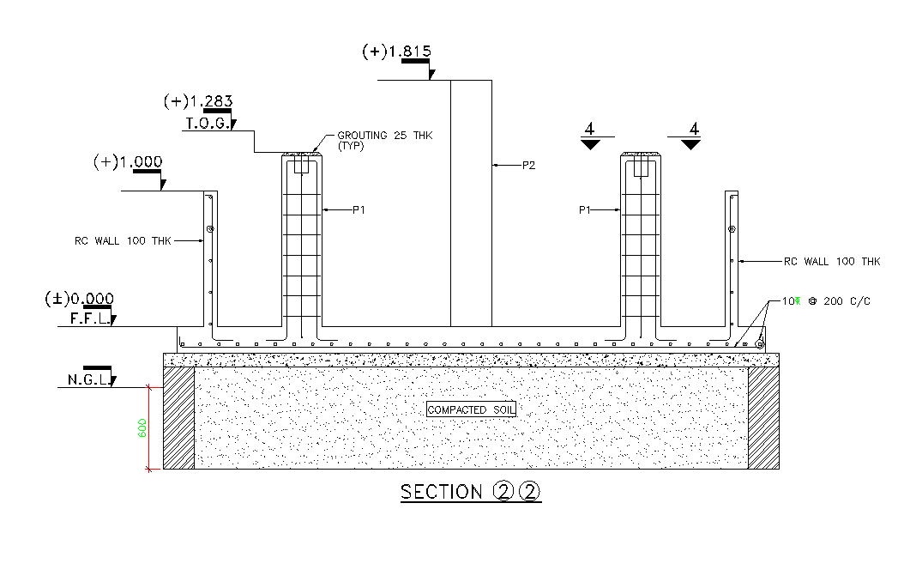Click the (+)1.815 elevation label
coord(395,52)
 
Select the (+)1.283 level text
coord(197,101)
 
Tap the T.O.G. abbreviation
coord(206,124)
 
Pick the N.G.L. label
coord(87,379)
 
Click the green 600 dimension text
coord(143,427)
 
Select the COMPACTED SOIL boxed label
coord(471,410)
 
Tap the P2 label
coord(528,165)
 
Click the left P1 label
coord(359,209)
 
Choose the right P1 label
coord(586,209)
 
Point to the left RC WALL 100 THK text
coord(123,241)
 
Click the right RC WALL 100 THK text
coord(832,261)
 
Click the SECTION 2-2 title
coord(471,492)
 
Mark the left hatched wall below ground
coord(179,418)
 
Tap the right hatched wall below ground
coord(763,418)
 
